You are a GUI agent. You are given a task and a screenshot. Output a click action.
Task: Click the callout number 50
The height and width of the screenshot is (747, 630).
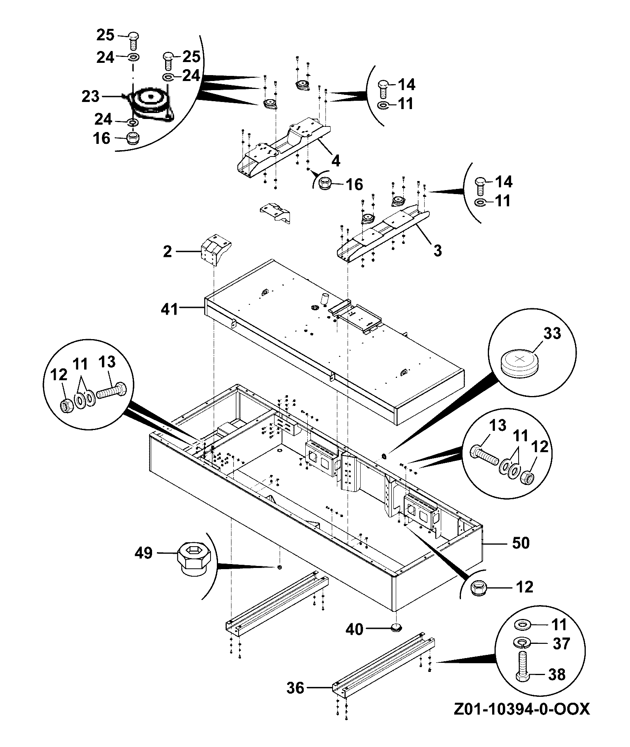[x=521, y=543]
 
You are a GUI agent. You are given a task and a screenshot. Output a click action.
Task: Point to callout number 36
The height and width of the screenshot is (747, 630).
[x=296, y=688]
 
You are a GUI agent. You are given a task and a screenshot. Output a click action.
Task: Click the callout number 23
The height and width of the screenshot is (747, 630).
[x=91, y=96]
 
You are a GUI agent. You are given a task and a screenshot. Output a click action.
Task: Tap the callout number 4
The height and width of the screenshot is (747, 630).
[x=336, y=161]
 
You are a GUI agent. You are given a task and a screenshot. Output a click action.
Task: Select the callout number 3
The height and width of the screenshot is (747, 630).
[x=438, y=250]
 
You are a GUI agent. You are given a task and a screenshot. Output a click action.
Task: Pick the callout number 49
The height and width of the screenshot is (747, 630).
[x=143, y=553]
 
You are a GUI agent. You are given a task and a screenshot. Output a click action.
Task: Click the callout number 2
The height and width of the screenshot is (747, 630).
[x=167, y=251]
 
